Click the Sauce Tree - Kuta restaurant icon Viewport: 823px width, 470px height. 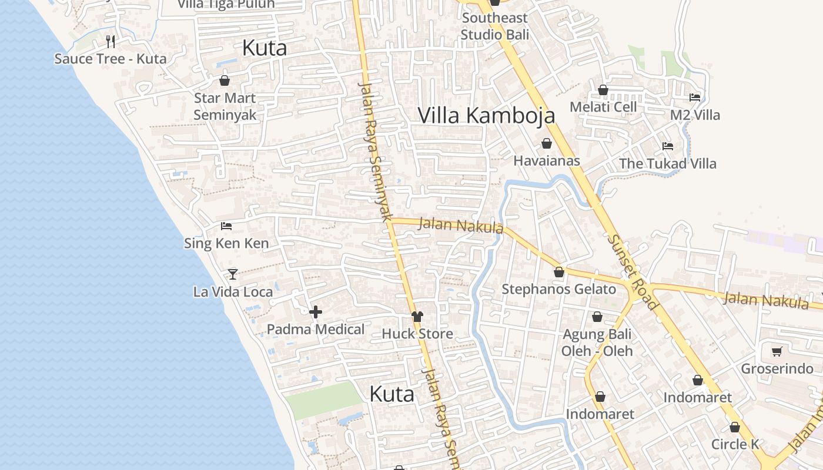point(111,41)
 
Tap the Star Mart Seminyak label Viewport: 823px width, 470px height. point(225,106)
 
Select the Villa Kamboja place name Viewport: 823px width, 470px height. point(486,115)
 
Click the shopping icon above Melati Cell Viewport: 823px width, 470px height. point(603,90)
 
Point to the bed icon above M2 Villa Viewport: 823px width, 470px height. point(695,98)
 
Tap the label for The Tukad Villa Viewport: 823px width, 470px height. point(668,163)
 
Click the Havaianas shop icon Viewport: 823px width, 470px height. point(547,143)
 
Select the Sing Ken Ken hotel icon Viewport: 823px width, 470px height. point(226,226)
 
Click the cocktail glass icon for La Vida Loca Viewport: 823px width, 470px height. point(233,274)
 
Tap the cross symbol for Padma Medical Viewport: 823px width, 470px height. point(316,312)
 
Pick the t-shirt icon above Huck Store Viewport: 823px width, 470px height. point(417,316)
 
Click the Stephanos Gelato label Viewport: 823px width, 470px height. point(558,289)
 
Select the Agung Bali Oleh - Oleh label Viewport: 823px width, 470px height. point(597,343)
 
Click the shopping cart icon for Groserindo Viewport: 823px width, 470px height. point(777,351)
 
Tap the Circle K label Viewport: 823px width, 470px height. point(735,444)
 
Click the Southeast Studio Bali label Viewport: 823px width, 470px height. point(495,26)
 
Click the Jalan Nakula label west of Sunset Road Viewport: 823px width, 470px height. point(461,225)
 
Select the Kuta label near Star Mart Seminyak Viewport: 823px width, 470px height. point(265,48)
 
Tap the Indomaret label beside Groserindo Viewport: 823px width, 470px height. point(698,397)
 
